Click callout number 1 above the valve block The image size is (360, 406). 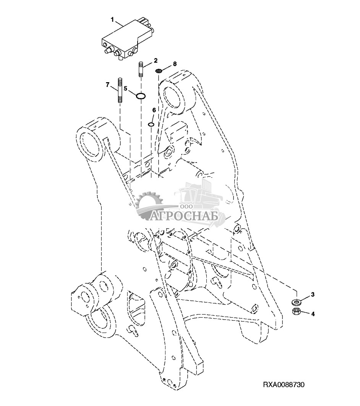(113, 19)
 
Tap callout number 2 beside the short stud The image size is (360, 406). (156, 60)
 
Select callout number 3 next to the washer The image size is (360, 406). (312, 294)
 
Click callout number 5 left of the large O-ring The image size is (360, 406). (125, 88)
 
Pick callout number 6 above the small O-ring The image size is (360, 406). (154, 110)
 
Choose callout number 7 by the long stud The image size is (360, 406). (108, 84)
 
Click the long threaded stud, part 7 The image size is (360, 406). (120, 90)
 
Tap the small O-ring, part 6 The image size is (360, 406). (151, 124)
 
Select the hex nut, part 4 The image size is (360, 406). (296, 311)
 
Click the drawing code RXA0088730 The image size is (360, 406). (284, 384)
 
